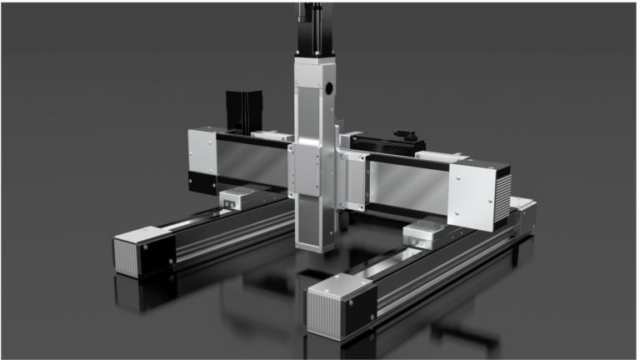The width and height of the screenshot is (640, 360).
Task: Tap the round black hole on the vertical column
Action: pos(329,87)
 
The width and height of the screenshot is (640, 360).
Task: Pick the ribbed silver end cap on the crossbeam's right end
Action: pos(502,196)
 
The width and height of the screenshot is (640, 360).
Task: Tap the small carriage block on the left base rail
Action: pos(241,197)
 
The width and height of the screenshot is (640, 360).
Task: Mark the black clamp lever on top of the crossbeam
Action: pos(408,135)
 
